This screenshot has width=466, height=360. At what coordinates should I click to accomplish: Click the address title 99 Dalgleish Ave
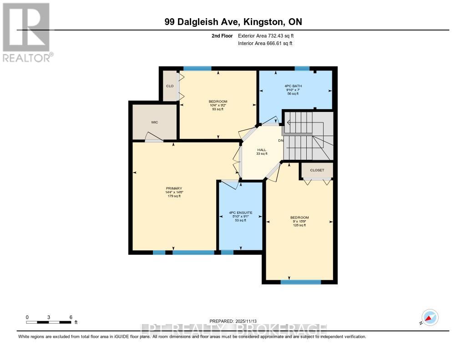click(233, 22)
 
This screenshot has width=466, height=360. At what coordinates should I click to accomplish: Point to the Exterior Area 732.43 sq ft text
click(268, 35)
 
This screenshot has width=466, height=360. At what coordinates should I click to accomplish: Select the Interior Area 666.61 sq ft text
click(265, 43)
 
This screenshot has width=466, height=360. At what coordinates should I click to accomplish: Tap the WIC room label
click(154, 122)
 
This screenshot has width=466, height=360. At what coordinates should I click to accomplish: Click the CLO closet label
click(170, 86)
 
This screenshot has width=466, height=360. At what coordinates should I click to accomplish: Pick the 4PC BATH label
click(294, 86)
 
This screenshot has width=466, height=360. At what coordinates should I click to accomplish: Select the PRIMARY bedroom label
click(174, 188)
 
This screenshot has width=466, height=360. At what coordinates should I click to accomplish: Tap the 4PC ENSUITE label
click(240, 213)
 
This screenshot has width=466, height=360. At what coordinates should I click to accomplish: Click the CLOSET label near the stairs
click(317, 170)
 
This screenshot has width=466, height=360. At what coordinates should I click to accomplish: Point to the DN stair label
click(281, 140)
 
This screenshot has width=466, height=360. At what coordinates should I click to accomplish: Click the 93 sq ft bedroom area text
click(218, 109)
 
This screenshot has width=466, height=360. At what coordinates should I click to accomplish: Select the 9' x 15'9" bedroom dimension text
click(299, 221)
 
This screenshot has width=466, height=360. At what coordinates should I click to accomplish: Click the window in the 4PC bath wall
click(302, 69)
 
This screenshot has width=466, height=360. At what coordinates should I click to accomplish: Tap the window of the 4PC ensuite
click(227, 252)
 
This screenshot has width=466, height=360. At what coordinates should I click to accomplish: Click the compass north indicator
click(430, 317)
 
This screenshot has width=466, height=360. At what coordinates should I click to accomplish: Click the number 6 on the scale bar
click(71, 317)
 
